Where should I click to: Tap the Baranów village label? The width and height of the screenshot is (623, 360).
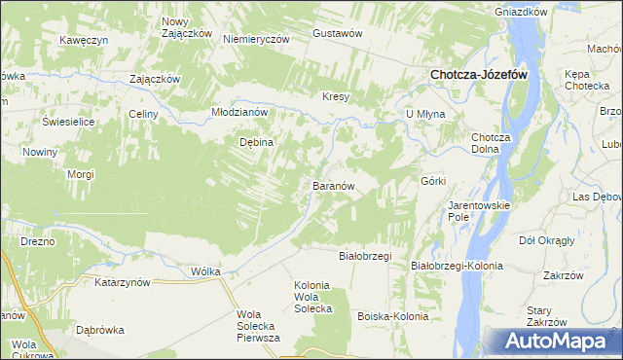(338, 185)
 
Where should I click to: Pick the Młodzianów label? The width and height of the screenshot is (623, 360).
(239, 112)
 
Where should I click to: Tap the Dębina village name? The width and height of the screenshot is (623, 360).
(257, 142)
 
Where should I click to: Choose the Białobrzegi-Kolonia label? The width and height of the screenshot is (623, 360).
(457, 266)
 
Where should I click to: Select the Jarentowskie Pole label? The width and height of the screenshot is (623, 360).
(473, 211)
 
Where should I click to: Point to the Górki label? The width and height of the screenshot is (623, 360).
(433, 181)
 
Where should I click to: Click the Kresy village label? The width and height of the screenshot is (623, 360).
(336, 96)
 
